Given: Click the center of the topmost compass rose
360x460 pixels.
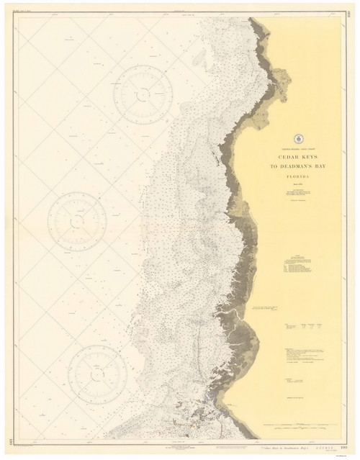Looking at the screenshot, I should [143, 94].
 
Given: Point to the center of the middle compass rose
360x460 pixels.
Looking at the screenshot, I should [77, 222].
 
